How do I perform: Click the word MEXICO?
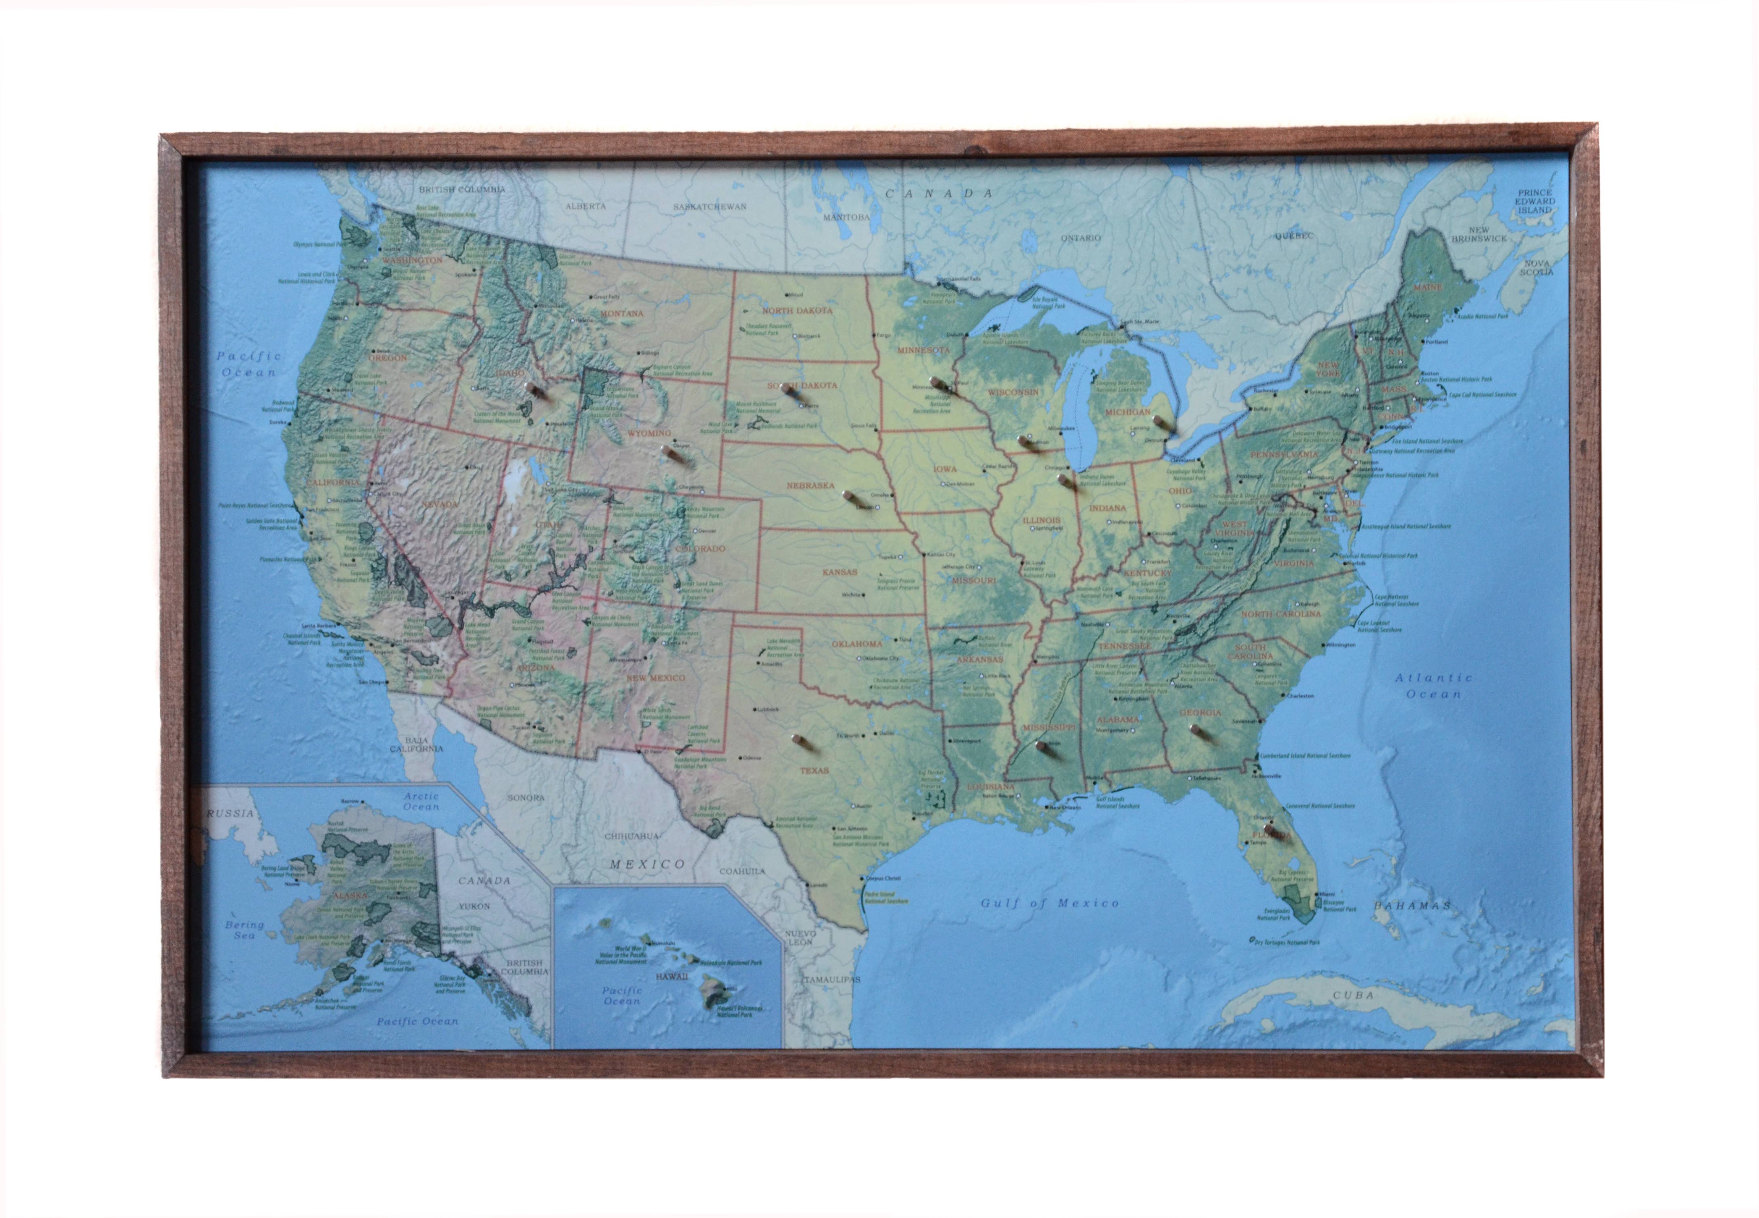646,864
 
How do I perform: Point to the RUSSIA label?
230,814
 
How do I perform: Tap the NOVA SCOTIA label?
1536,267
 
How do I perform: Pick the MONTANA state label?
621,313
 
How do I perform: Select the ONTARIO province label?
1080,238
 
